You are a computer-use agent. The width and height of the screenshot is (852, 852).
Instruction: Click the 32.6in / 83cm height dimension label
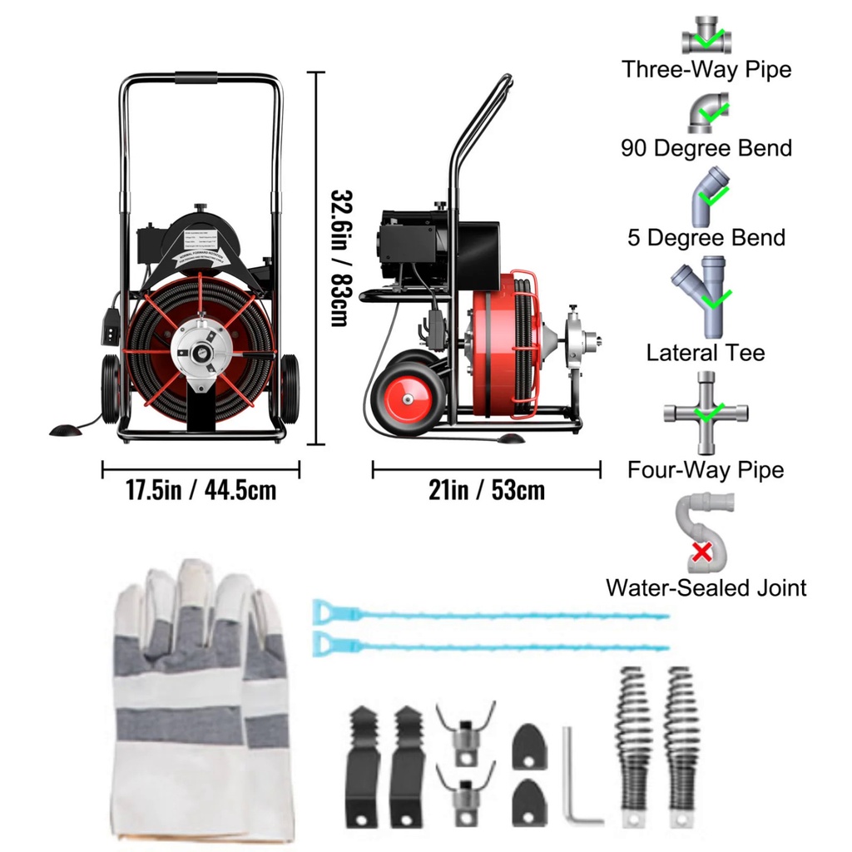(339, 258)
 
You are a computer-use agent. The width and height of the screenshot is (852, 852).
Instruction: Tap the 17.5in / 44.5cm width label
(201, 489)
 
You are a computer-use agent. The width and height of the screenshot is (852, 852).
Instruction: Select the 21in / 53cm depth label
(487, 489)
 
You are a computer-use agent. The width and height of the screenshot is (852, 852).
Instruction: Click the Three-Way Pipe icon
(706, 36)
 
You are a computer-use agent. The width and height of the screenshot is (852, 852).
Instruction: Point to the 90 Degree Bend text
(706, 148)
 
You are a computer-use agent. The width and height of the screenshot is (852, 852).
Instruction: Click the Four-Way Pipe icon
(706, 412)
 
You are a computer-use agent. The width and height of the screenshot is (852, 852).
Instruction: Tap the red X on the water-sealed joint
(702, 551)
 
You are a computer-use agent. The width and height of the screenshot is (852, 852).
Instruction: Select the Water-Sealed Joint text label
(706, 587)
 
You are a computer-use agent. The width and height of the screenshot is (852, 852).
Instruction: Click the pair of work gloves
(200, 699)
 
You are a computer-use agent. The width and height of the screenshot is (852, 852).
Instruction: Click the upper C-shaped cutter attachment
(465, 730)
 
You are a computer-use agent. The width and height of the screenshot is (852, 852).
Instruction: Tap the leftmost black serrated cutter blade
(363, 765)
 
